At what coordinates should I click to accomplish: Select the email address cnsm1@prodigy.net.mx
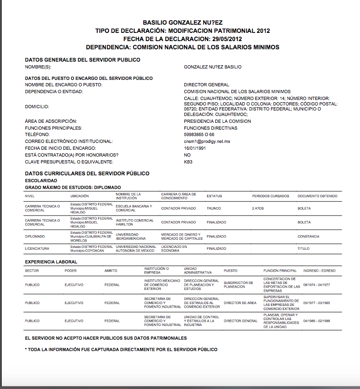pyautogui.click(x=207, y=142)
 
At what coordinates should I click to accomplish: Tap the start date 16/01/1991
pyautogui.click(x=195, y=148)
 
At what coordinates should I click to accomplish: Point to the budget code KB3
pyautogui.click(x=188, y=162)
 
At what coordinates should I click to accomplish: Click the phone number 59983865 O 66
pyautogui.click(x=199, y=135)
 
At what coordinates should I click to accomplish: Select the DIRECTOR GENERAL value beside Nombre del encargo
pyautogui.click(x=206, y=85)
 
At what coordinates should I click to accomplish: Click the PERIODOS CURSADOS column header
pyautogui.click(x=271, y=196)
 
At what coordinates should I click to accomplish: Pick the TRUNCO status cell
pyautogui.click(x=214, y=208)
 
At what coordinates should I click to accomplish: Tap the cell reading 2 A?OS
pyautogui.click(x=258, y=208)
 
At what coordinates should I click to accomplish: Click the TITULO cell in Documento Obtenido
pyautogui.click(x=303, y=249)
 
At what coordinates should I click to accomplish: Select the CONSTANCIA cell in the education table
pyautogui.click(x=308, y=237)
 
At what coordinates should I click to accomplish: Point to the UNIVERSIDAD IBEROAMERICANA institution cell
pyautogui.click(x=130, y=237)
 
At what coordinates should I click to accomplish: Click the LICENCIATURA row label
pyautogui.click(x=37, y=249)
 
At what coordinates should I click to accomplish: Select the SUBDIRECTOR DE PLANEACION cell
pyautogui.click(x=241, y=284)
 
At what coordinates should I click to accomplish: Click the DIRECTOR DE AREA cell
pyautogui.click(x=240, y=303)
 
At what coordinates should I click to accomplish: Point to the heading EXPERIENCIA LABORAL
pyautogui.click(x=51, y=262)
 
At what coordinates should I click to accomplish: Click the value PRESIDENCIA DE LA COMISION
pyautogui.click(x=217, y=121)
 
